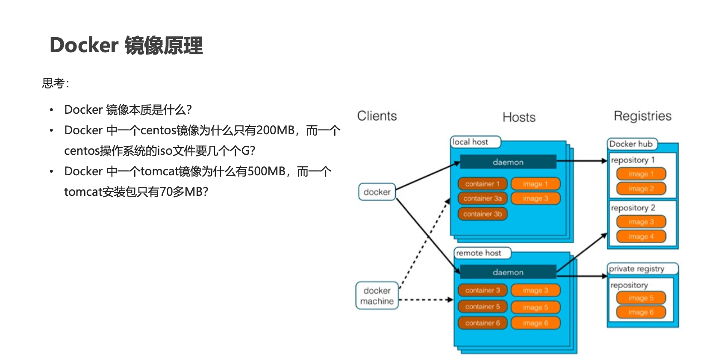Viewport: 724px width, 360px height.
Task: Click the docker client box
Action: pos(377,192)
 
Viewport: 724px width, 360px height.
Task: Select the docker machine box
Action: pos(377,295)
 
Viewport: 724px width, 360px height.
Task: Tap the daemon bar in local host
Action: pos(508,162)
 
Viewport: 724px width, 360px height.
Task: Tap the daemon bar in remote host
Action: pos(508,272)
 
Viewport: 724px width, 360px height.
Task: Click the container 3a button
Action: pos(483,198)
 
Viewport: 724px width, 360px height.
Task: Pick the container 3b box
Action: pos(483,214)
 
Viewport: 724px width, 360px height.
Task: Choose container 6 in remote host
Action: pos(483,323)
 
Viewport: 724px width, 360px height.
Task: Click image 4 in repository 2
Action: pos(641,236)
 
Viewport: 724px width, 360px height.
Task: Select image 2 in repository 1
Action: pos(641,189)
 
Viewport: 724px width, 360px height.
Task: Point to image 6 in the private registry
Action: pos(641,312)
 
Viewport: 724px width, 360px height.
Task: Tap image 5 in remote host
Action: pos(535,307)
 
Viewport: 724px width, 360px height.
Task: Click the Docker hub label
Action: pos(631,144)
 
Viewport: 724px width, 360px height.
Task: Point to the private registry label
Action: pos(637,269)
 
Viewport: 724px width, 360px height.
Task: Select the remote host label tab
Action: pos(479,253)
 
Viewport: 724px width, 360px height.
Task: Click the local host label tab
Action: pos(471,142)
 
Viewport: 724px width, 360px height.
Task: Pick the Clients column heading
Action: pos(377,116)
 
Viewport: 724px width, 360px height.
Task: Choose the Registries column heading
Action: pos(642,116)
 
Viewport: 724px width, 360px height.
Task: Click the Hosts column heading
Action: pos(519,117)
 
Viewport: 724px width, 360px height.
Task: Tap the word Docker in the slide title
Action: pos(84,45)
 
